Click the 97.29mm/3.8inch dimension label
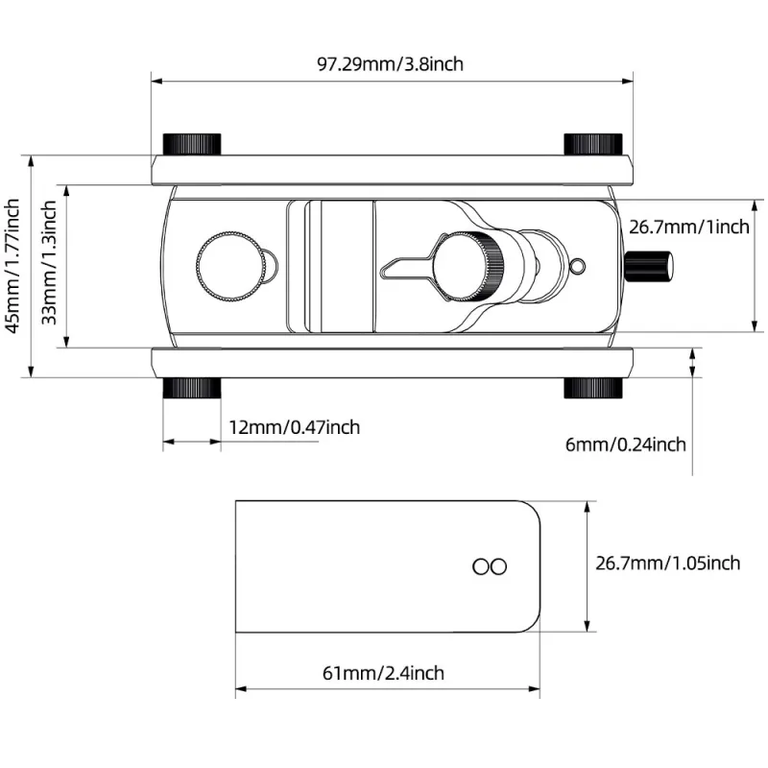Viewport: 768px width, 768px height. pos(390,64)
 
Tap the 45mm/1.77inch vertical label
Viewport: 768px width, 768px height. pos(12,266)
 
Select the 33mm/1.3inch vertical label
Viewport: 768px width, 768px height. pos(49,263)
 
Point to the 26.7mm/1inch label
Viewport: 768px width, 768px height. pos(689,228)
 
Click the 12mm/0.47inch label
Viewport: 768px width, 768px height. pos(295,427)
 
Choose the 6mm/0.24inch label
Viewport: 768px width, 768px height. pos(626,444)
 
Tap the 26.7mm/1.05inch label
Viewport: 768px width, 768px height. pos(667,564)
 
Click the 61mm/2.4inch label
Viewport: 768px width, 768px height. pos(383,673)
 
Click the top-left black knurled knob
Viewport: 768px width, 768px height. pos(191,144)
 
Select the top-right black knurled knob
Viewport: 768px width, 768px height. pos(593,144)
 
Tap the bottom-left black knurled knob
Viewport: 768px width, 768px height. pos(191,388)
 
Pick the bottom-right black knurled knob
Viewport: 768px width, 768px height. pos(593,388)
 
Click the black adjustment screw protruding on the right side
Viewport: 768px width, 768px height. pos(649,266)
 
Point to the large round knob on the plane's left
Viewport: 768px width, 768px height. pos(228,267)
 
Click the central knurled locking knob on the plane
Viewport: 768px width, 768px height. pos(468,267)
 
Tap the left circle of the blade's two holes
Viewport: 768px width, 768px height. pos(481,566)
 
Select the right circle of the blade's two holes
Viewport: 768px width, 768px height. pos(498,566)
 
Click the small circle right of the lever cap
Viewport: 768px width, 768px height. pos(578,266)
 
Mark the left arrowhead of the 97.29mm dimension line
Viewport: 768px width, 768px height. pos(156,82)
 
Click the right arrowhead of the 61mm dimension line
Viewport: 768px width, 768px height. pos(535,689)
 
